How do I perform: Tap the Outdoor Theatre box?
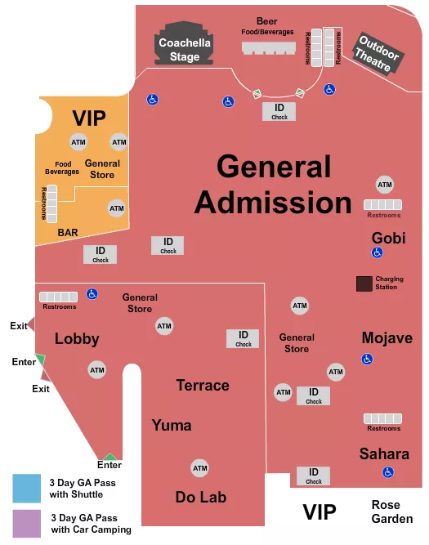click(x=377, y=54)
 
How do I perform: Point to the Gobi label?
click(x=388, y=238)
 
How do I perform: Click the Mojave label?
click(x=387, y=337)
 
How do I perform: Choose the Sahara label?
click(x=384, y=453)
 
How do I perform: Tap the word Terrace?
click(x=203, y=385)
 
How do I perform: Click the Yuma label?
click(x=172, y=425)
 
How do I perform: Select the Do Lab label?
click(x=200, y=497)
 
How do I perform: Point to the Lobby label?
click(x=77, y=338)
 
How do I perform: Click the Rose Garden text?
click(x=387, y=511)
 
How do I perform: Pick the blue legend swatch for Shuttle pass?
click(x=26, y=488)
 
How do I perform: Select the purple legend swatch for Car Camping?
click(x=26, y=523)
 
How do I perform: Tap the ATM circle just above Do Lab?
click(x=200, y=468)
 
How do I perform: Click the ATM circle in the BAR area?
click(x=117, y=208)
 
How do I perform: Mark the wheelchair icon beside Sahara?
click(x=388, y=472)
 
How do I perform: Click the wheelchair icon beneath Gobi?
click(x=377, y=253)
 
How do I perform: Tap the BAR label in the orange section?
click(x=68, y=233)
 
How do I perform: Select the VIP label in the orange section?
click(x=89, y=118)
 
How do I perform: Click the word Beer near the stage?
click(x=266, y=21)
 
